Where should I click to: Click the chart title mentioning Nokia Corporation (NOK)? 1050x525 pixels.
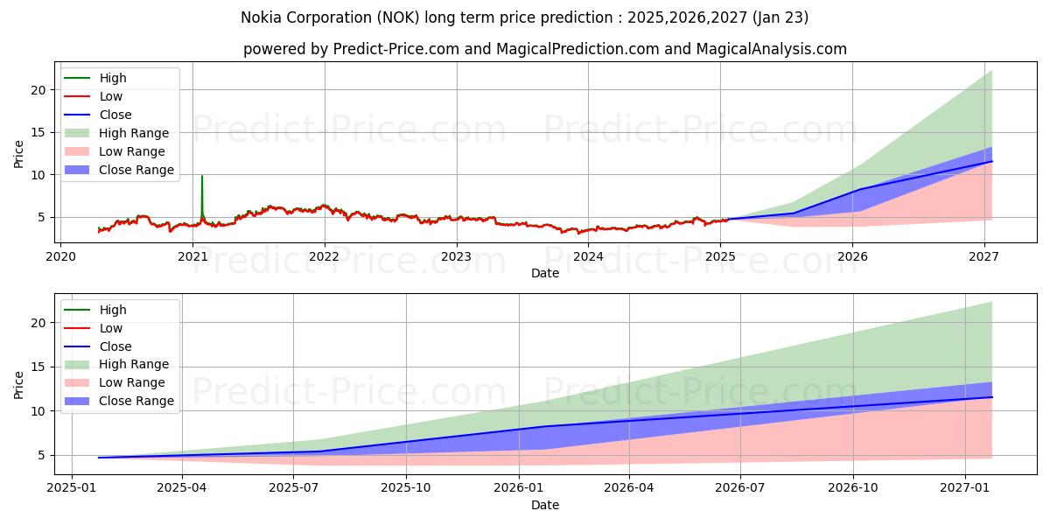tap(524, 17)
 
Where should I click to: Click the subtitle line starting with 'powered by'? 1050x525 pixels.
tap(544, 49)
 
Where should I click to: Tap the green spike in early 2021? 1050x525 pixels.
tap(202, 178)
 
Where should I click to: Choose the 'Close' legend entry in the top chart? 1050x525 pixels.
tap(100, 115)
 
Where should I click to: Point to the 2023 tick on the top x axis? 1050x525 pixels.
tap(456, 256)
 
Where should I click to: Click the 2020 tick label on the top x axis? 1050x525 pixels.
tap(60, 256)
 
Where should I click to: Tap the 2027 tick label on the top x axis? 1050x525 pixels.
tap(984, 256)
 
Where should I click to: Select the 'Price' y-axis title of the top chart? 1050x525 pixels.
tap(19, 153)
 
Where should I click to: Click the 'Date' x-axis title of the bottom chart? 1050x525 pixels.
tap(544, 505)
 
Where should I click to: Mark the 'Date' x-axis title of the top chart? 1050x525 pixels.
tap(544, 273)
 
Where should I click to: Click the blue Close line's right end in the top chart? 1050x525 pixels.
tap(991, 161)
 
